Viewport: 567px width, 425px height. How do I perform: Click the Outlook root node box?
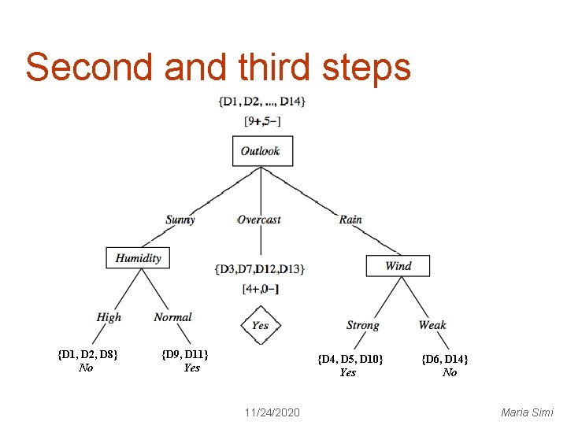click(x=262, y=150)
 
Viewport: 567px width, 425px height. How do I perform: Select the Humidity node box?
click(x=138, y=257)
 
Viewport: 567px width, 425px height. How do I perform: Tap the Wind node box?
click(x=398, y=265)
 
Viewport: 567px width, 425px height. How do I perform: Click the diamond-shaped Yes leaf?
click(x=260, y=325)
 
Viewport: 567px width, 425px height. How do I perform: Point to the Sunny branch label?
click(x=180, y=220)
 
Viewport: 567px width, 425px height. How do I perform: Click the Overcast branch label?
click(x=259, y=220)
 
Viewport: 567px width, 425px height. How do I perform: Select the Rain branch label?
click(x=350, y=220)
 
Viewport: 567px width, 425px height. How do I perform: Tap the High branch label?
click(x=109, y=317)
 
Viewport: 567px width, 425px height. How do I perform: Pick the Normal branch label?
click(x=172, y=317)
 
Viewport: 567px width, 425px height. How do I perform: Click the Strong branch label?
click(x=362, y=325)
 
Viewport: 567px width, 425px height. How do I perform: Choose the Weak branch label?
click(x=432, y=325)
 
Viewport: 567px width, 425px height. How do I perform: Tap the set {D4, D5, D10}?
click(x=350, y=359)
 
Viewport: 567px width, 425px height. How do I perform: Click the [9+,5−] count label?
click(x=262, y=120)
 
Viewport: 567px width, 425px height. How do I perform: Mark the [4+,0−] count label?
click(x=261, y=289)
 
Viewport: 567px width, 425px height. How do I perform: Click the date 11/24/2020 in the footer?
click(x=272, y=412)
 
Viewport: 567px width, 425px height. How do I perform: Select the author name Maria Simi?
click(x=527, y=412)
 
